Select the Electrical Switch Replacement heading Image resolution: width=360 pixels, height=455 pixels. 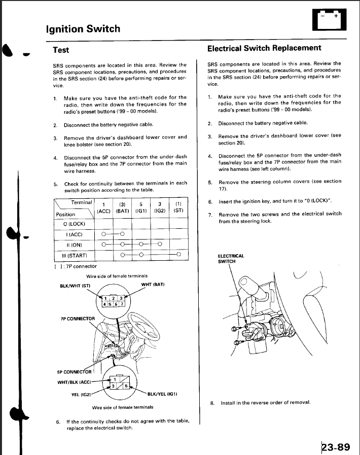pyautogui.click(x=264, y=48)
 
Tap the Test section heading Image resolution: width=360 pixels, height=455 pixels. pyautogui.click(x=61, y=50)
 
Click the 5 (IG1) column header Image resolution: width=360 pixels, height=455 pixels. pyautogui.click(x=140, y=207)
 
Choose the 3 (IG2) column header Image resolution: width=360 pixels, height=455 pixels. pyautogui.click(x=160, y=207)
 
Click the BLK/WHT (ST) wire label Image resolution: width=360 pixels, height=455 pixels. pyautogui.click(x=75, y=286)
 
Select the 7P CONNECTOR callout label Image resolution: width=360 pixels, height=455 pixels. pyautogui.click(x=78, y=319)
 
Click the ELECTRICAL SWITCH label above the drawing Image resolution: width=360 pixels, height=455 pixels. pyautogui.click(x=231, y=258)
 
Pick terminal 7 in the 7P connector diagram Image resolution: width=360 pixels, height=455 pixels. pyautogui.click(x=123, y=304)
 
